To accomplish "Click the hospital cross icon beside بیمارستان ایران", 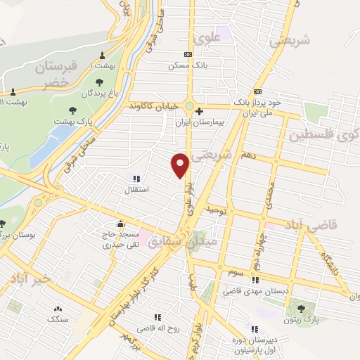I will tap(200, 110).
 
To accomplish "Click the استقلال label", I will tap(134, 190).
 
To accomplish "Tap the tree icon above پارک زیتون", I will tap(303, 307).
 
